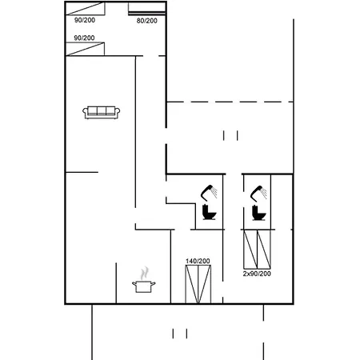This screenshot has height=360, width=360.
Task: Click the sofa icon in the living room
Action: coord(102,112)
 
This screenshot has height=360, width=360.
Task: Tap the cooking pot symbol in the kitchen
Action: coord(144,286)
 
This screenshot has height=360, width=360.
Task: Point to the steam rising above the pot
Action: coord(144,273)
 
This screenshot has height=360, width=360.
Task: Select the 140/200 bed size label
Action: coord(198,261)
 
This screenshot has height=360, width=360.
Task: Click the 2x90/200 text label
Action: coord(257,274)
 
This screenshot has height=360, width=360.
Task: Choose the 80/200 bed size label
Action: coord(147,21)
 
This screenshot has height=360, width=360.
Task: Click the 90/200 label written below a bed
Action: coord(85,20)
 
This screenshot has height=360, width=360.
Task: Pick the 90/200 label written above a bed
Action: coord(84,38)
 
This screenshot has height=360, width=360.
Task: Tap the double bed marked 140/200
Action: coord(198,284)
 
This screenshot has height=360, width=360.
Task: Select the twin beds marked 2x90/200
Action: coord(257,250)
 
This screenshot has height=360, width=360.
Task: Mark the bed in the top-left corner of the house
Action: coord(86,9)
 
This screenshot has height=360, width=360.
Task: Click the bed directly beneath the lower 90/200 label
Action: coord(85,49)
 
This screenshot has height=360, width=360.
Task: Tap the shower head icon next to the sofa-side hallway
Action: coord(209,192)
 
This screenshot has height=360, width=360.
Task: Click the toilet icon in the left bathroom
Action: coord(210,212)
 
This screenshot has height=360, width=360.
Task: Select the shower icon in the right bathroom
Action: coord(258,193)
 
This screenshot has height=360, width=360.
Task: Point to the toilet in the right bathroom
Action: coord(259,213)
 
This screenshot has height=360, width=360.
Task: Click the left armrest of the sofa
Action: coord(85,112)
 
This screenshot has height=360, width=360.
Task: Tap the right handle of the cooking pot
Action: coord(154,283)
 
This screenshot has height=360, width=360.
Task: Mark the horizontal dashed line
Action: coord(230,102)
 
